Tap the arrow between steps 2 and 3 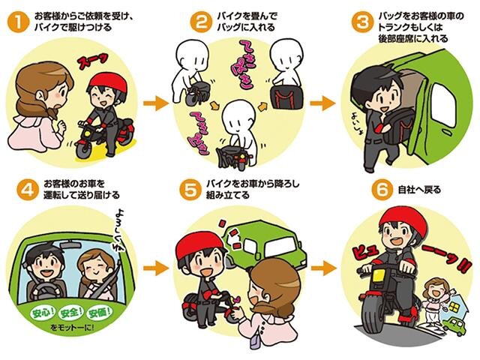[x=320, y=101]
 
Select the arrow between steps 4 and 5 [x=155, y=265]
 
